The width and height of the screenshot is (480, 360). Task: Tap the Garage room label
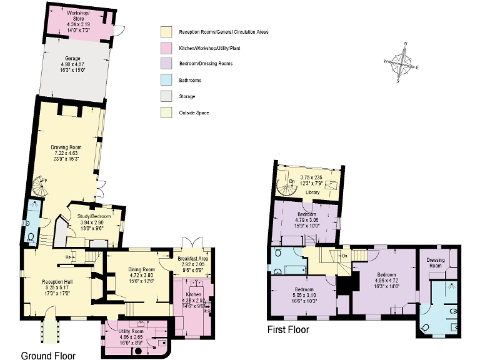(70, 58)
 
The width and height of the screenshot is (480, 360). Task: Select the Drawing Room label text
(67, 147)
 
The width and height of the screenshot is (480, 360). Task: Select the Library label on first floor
(312, 192)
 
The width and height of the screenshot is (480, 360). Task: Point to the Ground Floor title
(48, 355)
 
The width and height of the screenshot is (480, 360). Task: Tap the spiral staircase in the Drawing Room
(37, 184)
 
